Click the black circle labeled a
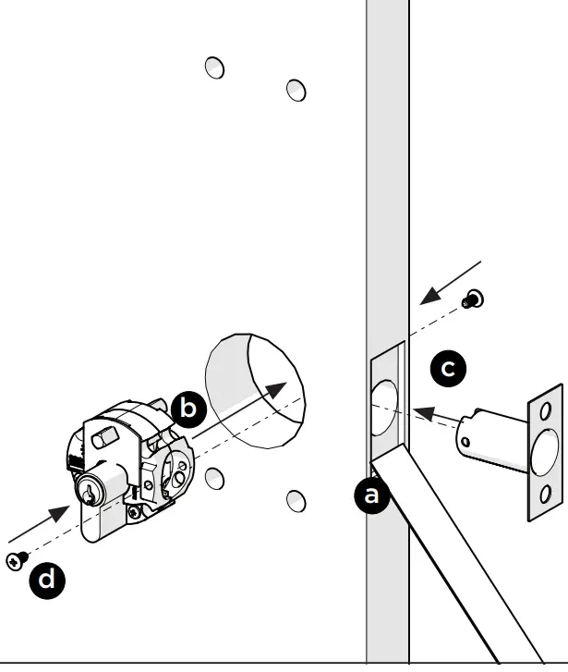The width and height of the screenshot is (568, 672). [371, 495]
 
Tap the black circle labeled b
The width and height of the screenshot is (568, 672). [188, 409]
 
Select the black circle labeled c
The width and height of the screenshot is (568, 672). [448, 369]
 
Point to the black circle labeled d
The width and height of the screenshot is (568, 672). [48, 580]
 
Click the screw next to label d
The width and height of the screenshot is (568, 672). [16, 559]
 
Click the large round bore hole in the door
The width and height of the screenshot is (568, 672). [253, 379]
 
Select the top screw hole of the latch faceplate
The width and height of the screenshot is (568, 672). [545, 409]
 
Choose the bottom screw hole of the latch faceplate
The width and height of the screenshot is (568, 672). [545, 492]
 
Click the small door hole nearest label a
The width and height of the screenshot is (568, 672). [296, 500]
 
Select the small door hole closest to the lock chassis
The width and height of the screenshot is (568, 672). [213, 478]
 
